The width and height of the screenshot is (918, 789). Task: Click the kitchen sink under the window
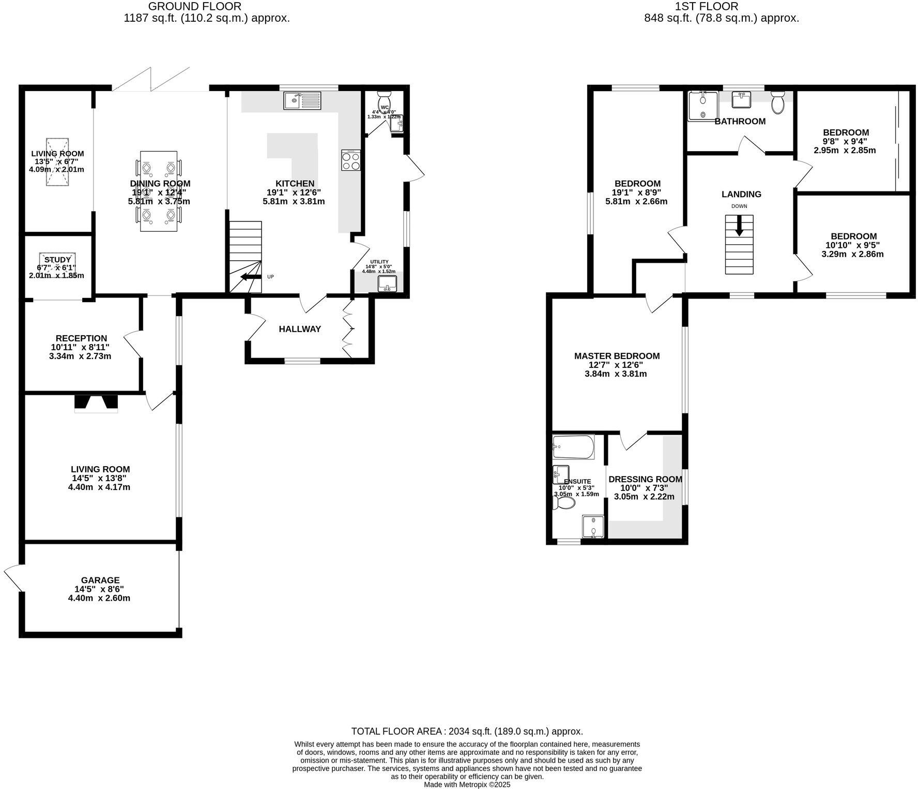click(302, 100)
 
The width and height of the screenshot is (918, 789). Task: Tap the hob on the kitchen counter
click(351, 160)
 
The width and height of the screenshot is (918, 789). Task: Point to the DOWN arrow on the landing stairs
click(739, 226)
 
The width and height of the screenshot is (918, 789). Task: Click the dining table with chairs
click(159, 191)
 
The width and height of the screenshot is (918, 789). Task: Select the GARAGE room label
click(100, 580)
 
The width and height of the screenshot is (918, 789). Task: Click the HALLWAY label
click(300, 329)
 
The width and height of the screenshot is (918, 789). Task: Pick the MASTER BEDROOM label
click(617, 356)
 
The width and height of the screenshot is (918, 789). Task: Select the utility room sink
click(387, 284)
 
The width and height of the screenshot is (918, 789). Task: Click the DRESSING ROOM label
click(645, 479)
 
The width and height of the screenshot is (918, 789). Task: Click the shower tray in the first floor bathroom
click(702, 107)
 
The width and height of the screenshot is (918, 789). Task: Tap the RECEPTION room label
click(81, 338)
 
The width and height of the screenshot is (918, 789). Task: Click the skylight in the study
click(58, 262)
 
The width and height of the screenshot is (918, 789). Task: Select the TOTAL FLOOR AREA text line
click(467, 731)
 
